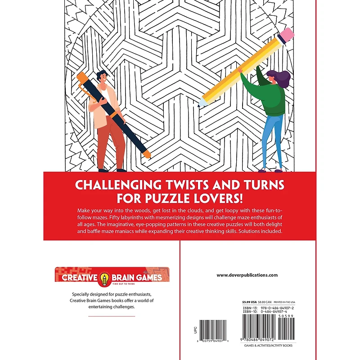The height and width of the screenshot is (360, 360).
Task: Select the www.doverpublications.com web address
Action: click(x=247, y=275)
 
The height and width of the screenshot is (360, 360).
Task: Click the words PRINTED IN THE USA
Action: click(x=287, y=302)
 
